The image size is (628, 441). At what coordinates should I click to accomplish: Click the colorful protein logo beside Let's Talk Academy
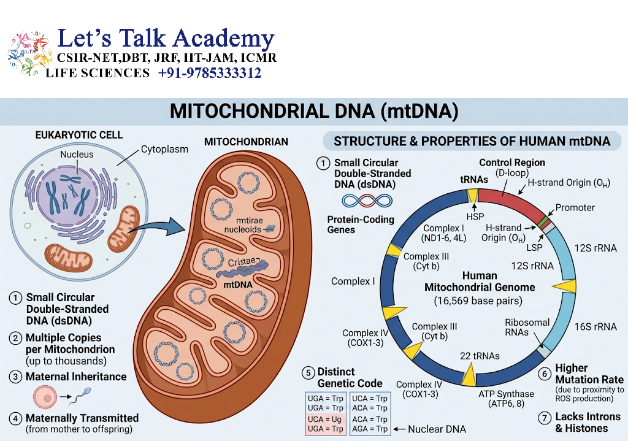29,53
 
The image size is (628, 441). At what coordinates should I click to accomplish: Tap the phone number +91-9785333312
210,73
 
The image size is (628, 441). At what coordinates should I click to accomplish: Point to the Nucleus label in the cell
77,155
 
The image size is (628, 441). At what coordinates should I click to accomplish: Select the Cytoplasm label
164,150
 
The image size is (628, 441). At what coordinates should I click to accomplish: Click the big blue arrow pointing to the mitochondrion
158,228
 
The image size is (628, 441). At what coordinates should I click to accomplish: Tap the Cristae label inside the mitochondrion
242,262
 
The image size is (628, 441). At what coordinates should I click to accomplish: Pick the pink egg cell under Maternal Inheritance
45,397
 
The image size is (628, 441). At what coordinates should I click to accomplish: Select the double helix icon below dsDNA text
367,201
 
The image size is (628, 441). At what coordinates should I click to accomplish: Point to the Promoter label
575,207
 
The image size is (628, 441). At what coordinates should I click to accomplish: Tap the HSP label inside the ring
475,217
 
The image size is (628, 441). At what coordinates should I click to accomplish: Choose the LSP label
534,248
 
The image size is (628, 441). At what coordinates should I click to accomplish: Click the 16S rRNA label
595,327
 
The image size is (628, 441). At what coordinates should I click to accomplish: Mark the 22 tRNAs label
480,356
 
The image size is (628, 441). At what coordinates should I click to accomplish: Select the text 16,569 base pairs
478,301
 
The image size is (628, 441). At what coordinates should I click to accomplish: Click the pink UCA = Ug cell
325,420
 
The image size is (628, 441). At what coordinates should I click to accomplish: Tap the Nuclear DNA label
437,429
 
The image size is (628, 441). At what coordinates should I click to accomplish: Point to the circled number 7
545,418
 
